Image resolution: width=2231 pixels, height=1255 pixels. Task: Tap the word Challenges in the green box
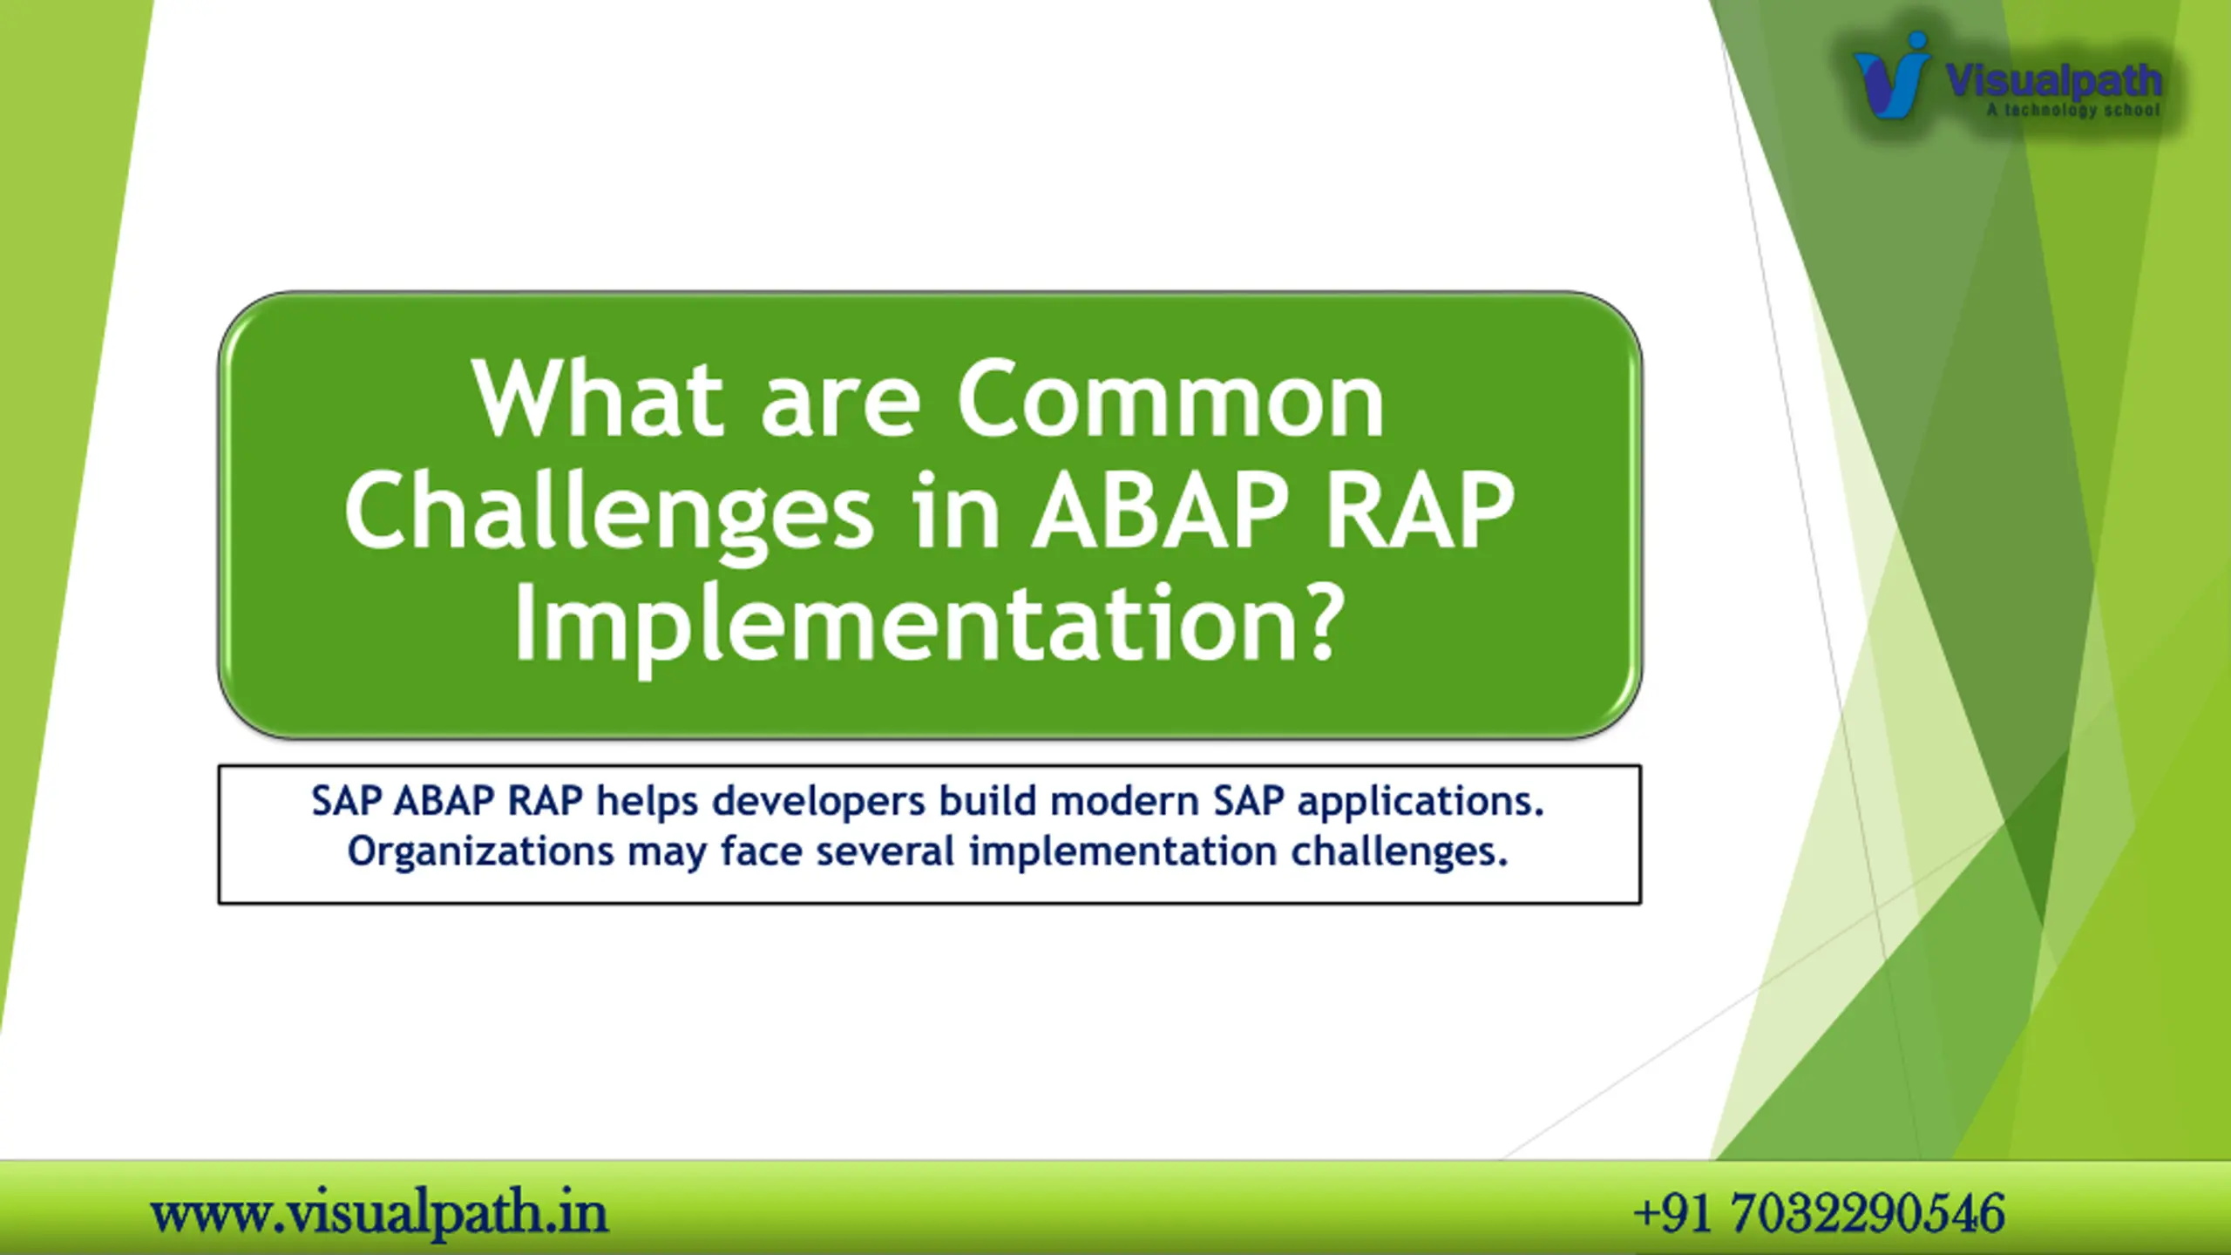point(609,514)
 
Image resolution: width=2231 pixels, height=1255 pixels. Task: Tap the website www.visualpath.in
point(379,1213)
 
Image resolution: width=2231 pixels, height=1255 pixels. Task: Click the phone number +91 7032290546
point(1819,1213)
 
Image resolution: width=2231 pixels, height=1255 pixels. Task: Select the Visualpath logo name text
point(2053,81)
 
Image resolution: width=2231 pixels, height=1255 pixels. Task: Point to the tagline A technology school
point(2073,110)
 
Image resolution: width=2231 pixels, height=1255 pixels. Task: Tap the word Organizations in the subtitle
point(480,851)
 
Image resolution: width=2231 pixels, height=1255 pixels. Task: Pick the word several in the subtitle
point(885,851)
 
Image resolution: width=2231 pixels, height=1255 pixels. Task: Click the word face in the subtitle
point(762,851)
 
